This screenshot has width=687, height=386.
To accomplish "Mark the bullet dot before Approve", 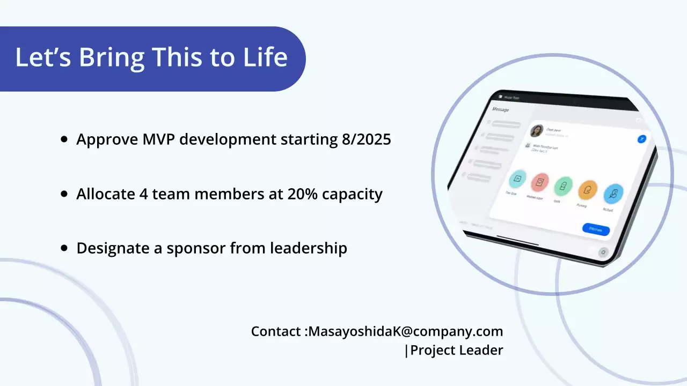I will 64,139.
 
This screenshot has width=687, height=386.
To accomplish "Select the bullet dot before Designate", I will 64,248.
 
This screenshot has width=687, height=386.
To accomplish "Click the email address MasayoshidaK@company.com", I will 406,331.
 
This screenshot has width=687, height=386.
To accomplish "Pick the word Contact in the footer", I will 276,331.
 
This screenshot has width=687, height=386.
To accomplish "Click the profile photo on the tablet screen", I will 536,131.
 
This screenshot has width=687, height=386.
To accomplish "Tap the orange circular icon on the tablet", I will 588,190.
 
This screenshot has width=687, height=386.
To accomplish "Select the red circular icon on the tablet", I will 540,182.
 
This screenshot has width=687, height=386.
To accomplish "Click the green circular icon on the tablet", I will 563,185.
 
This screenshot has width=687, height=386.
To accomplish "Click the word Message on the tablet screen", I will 500,109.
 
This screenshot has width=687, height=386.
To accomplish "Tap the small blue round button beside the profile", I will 641,139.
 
